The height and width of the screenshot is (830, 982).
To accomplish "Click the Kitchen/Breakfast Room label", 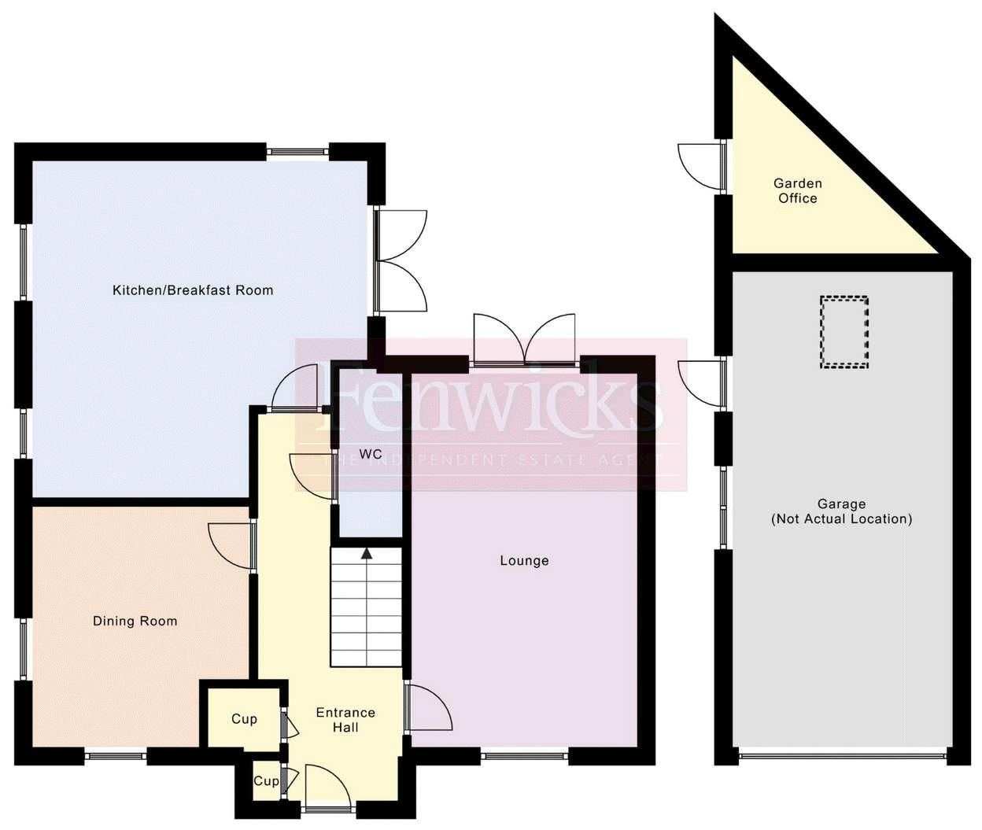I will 193,290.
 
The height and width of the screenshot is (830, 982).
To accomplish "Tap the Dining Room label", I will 135,622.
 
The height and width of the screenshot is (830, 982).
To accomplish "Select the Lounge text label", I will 524,561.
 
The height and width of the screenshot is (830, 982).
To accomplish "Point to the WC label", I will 371,455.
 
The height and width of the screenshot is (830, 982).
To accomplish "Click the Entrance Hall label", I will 345,720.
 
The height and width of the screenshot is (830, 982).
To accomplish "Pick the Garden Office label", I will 798,191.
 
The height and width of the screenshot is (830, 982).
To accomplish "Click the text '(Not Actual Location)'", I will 841,519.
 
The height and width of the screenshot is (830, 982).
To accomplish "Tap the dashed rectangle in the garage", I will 844,332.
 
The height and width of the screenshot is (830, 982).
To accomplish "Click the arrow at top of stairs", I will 367,553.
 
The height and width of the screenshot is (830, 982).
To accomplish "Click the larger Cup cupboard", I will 243,719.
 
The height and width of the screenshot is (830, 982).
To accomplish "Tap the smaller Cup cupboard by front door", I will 265,781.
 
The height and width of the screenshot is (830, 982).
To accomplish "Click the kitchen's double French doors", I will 401,260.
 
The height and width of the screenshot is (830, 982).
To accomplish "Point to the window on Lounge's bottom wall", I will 524,757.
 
